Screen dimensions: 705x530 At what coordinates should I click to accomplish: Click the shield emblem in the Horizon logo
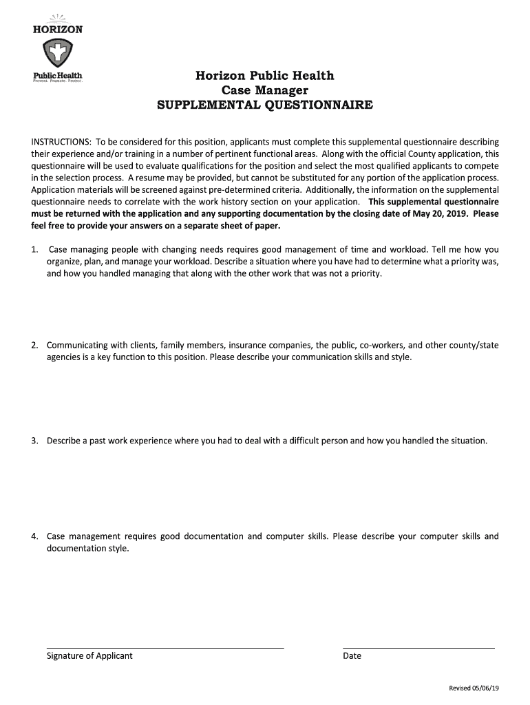click(58, 52)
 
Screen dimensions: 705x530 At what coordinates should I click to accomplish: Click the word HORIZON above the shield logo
click(58, 30)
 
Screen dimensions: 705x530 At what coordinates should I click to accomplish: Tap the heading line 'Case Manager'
click(265, 90)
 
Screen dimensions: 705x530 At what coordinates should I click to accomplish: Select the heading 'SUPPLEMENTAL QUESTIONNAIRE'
click(265, 105)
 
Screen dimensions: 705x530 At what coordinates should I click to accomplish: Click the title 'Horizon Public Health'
click(265, 76)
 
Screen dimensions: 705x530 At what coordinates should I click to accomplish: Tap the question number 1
click(34, 249)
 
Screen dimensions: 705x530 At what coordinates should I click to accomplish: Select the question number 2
click(34, 345)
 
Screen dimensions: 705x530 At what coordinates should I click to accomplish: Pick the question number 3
click(34, 441)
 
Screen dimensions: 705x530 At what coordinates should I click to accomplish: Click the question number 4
click(34, 536)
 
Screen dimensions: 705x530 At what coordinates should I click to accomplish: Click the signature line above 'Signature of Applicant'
click(165, 647)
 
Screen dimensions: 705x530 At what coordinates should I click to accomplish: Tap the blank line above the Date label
click(418, 647)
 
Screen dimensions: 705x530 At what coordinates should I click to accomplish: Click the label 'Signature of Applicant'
click(89, 656)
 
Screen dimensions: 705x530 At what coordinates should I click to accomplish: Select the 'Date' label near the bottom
click(352, 656)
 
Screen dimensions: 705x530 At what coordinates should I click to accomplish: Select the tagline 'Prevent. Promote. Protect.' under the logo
click(58, 81)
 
